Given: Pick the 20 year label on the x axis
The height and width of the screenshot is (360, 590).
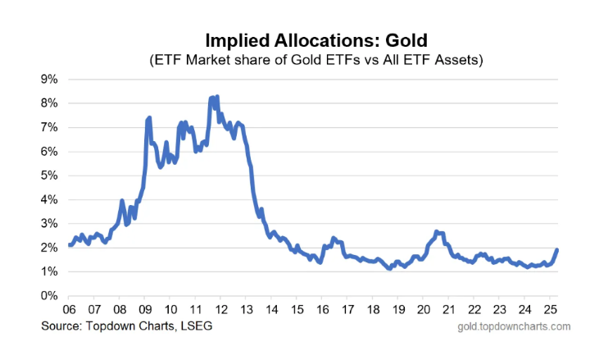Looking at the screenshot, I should click(x=424, y=309).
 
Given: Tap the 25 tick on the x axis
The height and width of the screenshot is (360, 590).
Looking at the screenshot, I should click(x=550, y=309).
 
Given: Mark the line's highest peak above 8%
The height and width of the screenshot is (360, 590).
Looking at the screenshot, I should click(x=216, y=97).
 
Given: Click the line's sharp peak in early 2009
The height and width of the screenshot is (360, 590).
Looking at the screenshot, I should click(x=149, y=118).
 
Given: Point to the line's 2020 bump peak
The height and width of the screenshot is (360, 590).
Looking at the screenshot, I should click(x=436, y=231).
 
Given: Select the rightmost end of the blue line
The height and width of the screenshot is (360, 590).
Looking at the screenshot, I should click(x=557, y=250).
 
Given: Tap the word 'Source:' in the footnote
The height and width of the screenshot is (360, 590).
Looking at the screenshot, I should click(x=62, y=326).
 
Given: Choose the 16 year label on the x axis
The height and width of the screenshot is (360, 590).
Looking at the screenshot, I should click(x=322, y=309).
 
